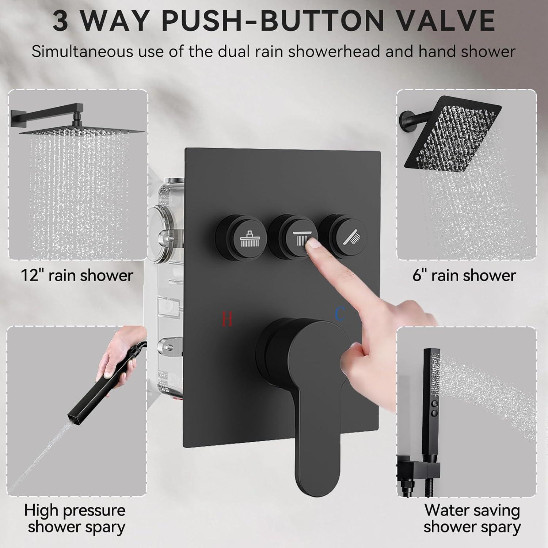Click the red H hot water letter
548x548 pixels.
[227, 319]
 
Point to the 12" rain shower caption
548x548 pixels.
[76, 275]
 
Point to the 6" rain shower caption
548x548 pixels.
[464, 275]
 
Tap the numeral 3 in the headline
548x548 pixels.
[60, 21]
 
